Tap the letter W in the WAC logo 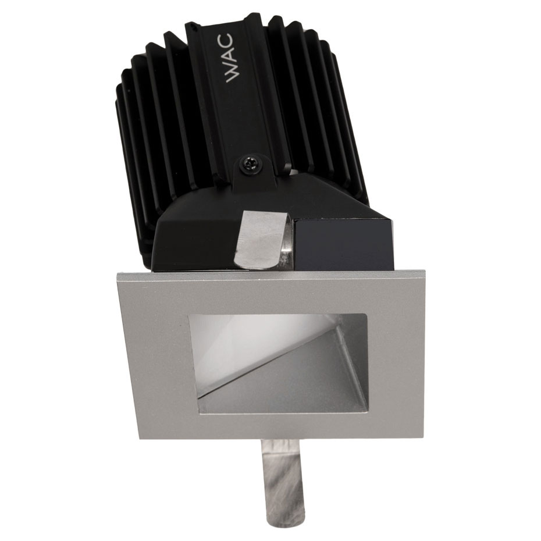tap(230, 75)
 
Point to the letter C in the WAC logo tap(230, 40)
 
